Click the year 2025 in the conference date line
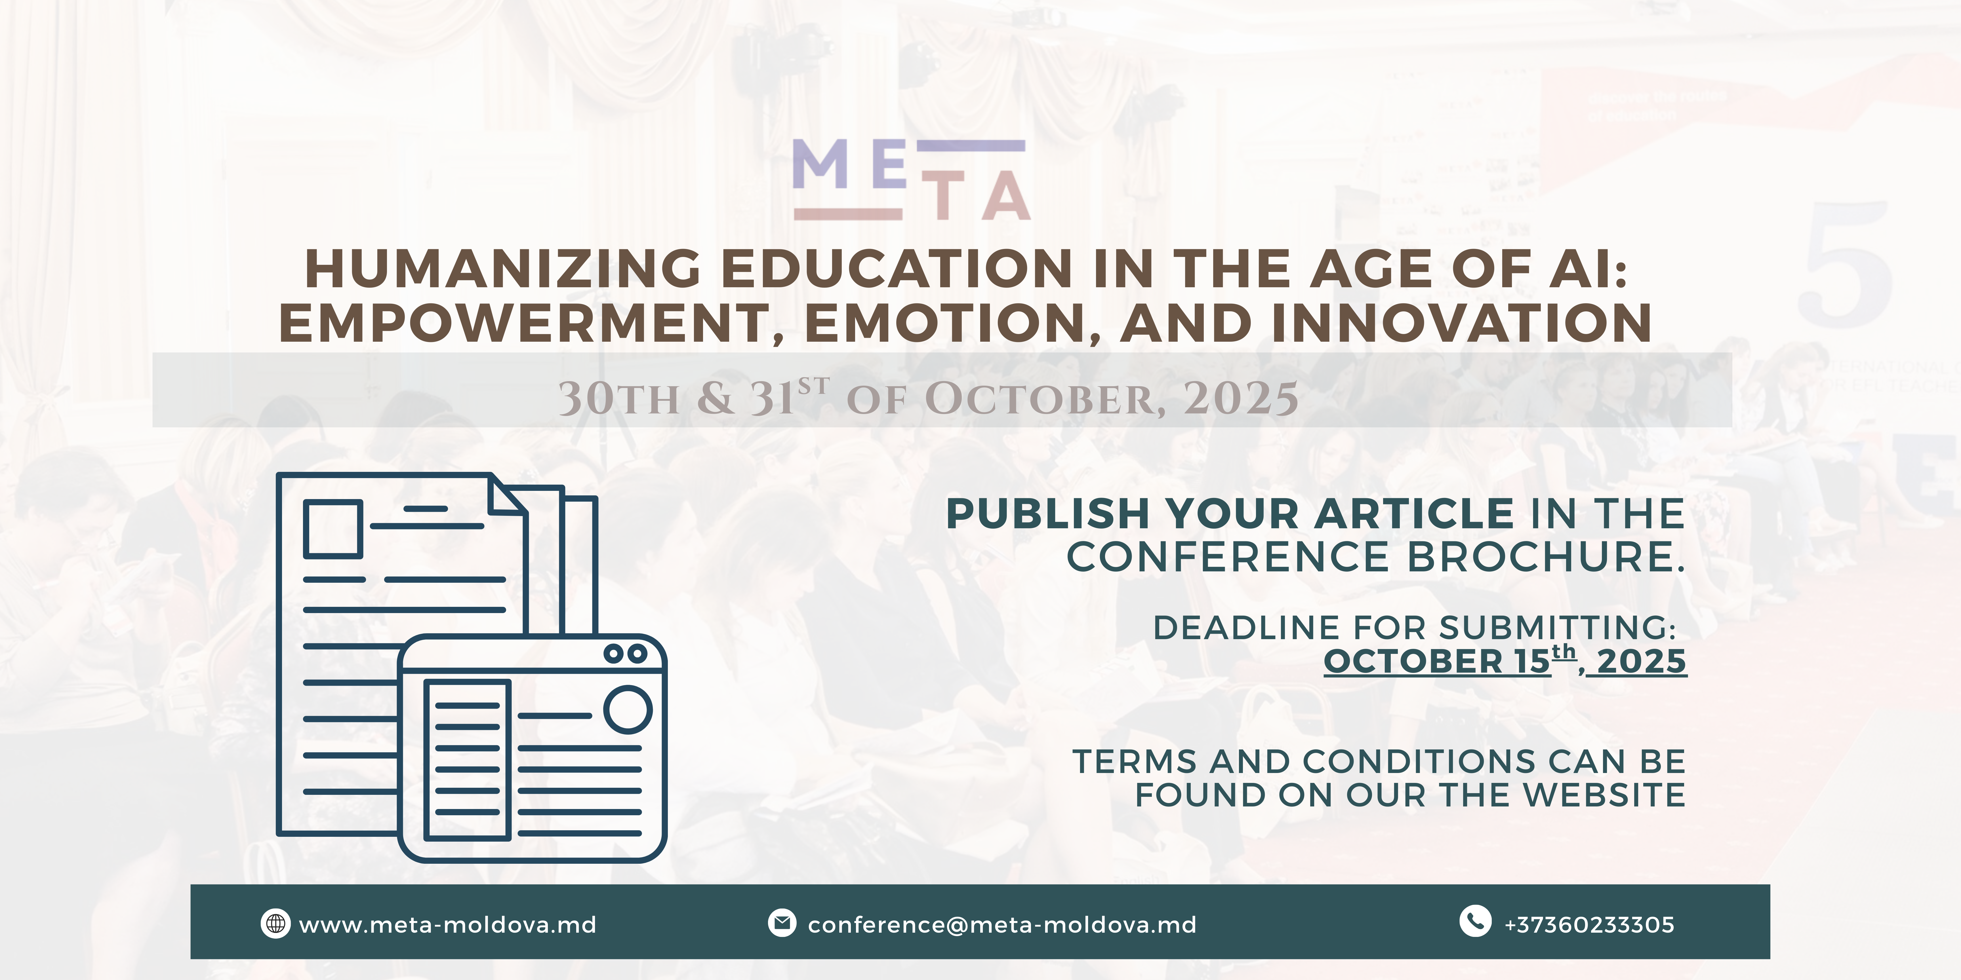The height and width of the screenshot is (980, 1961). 1241,398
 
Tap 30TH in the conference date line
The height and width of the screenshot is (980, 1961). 619,398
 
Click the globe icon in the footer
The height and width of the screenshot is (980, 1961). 275,924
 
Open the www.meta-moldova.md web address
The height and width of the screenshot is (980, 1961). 448,924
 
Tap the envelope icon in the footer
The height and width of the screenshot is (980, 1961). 782,923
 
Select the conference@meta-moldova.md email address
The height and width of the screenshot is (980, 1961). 1002,924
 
